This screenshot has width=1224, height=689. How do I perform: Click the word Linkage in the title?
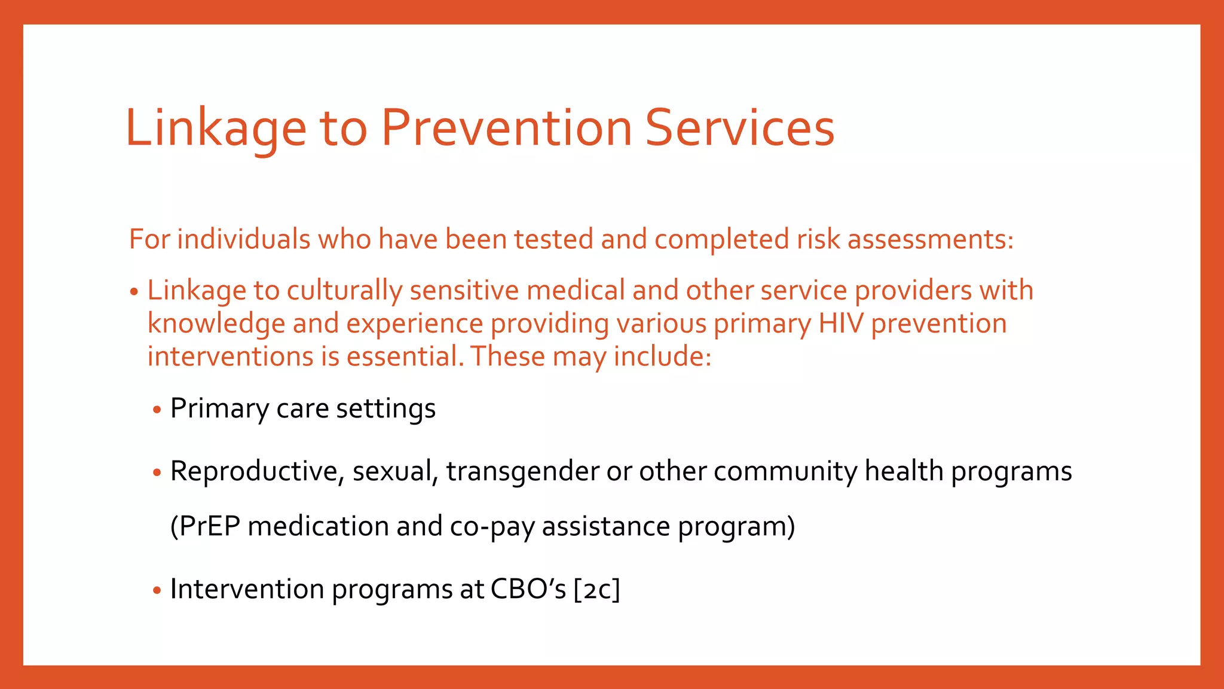[x=215, y=129]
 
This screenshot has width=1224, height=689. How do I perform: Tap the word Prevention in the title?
[x=507, y=129]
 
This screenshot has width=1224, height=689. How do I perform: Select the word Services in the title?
[x=740, y=129]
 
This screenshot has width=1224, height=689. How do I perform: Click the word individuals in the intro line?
[x=244, y=239]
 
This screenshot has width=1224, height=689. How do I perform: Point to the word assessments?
[x=930, y=239]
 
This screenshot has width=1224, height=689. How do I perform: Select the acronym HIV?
[x=840, y=324]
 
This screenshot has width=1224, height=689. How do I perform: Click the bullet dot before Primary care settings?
[x=157, y=410]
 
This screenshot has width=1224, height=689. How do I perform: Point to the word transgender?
[x=522, y=472]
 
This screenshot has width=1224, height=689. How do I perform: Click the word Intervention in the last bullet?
[x=247, y=589]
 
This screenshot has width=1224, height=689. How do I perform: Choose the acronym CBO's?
[x=528, y=589]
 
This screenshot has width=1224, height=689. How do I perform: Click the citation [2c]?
[x=596, y=589]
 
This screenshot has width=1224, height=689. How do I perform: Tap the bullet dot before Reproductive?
[x=157, y=473]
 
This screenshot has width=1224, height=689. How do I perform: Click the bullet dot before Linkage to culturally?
[x=134, y=292]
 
